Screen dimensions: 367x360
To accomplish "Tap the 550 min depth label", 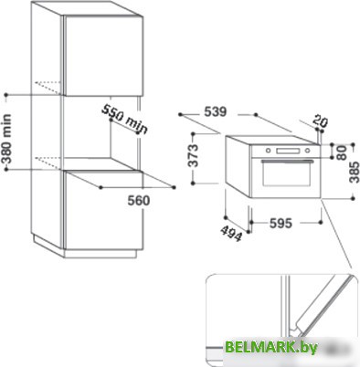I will click(x=124, y=118).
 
